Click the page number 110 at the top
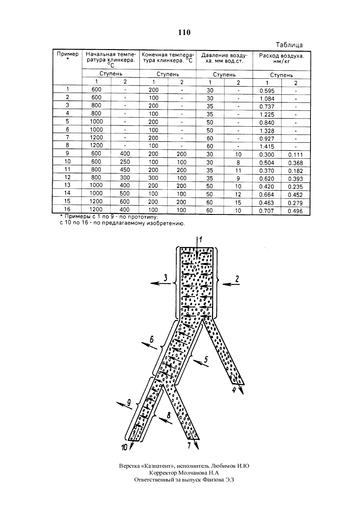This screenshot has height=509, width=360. click(184, 32)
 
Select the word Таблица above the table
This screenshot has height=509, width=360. click(289, 45)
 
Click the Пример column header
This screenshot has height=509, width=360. click(67, 56)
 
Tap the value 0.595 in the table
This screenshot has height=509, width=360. click(267, 91)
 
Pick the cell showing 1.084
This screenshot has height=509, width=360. click(267, 99)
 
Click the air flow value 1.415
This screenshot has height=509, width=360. click(267, 147)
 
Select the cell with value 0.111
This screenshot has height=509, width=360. click(296, 155)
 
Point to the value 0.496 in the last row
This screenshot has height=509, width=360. click(295, 211)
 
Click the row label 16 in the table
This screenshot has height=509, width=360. click(67, 209)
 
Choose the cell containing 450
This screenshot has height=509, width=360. click(125, 170)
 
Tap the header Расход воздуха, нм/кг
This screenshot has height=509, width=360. click(281, 59)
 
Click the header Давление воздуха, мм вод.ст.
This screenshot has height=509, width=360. click(224, 58)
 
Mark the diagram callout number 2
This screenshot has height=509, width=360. click(237, 279)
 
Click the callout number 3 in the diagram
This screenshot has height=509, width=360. click(166, 278)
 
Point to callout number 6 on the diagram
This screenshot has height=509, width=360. click(152, 340)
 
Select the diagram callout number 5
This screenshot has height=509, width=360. click(206, 360)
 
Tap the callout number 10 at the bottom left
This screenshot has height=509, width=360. click(124, 448)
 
